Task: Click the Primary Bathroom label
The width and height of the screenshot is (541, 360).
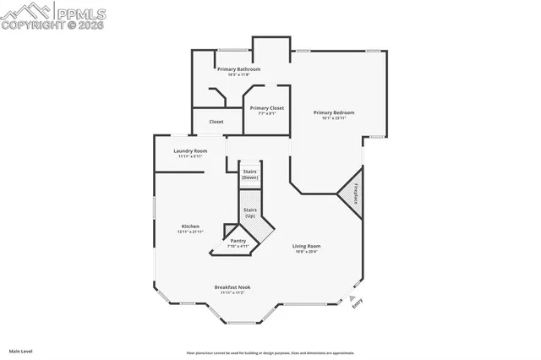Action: click(x=238, y=68)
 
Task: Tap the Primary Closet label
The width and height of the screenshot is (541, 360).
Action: click(x=266, y=108)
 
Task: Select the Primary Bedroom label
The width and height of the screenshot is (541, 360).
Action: click(x=333, y=112)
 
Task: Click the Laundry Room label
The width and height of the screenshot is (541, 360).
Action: click(x=190, y=150)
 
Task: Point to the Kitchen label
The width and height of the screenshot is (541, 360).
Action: click(x=190, y=226)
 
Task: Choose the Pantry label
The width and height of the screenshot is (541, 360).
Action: click(x=238, y=241)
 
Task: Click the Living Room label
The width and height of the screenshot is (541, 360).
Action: click(x=306, y=246)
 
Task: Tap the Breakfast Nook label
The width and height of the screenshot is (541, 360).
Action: click(x=232, y=286)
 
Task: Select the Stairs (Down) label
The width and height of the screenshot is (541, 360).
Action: click(x=250, y=174)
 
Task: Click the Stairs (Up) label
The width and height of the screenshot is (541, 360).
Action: click(x=250, y=212)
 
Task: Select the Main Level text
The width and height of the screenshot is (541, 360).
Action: click(x=20, y=350)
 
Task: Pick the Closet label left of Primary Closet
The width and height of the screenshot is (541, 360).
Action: click(x=216, y=122)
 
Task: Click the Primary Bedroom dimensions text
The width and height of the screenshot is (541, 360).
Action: click(x=333, y=118)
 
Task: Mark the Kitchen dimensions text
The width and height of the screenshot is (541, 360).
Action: click(x=190, y=232)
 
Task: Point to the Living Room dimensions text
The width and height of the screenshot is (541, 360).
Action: click(x=306, y=252)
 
